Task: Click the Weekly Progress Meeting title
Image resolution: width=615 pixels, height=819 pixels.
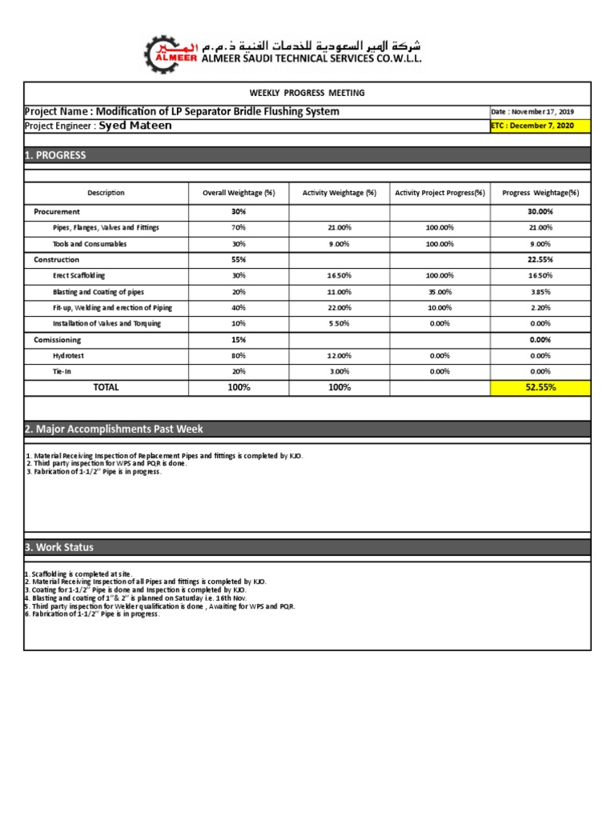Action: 307,93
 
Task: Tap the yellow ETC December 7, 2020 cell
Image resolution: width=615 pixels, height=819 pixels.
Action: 539,126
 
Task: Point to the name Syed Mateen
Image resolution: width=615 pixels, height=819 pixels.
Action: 135,126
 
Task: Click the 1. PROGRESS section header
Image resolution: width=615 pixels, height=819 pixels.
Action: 56,155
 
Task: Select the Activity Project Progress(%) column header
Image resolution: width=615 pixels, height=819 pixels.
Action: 440,193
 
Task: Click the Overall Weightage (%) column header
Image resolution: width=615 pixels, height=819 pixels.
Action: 239,193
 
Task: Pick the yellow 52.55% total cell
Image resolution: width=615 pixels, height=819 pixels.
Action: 540,387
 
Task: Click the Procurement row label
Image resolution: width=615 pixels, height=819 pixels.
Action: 57,212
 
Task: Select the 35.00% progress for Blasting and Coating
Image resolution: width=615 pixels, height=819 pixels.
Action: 440,292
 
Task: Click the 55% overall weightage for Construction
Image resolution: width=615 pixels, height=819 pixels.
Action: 239,260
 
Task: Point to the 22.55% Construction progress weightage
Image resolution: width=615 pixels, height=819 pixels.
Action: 540,260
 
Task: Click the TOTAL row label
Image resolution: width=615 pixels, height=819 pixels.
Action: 106,387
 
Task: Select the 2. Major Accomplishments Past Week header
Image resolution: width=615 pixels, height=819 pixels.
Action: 114,429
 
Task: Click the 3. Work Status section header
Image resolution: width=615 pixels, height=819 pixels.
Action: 59,547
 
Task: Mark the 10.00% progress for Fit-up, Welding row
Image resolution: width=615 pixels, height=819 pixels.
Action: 440,308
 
